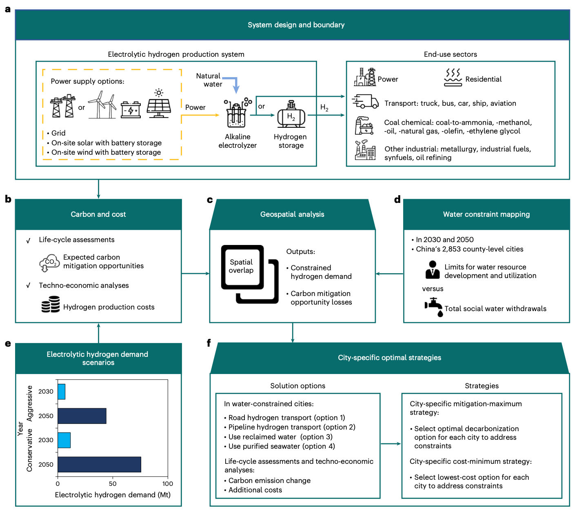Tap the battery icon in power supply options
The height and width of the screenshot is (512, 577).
pos(131,109)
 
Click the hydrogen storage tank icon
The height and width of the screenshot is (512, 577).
pos(291,114)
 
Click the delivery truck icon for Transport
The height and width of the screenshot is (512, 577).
pos(365,101)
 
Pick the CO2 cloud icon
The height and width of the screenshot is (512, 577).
pos(49,263)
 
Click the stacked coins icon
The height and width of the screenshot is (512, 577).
pos(51,304)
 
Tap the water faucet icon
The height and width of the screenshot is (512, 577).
pos(434,307)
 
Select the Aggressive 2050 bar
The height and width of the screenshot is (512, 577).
pos(82,416)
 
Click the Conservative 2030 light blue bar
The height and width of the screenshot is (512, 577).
pos(64,440)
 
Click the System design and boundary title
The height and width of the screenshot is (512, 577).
pos(296,25)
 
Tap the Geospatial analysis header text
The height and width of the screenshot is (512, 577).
pos(292,214)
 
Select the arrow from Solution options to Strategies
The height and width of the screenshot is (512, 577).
pos(391,444)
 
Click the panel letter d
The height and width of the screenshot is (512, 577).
pos(397,199)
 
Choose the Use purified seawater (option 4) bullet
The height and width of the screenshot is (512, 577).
pos(280,446)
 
